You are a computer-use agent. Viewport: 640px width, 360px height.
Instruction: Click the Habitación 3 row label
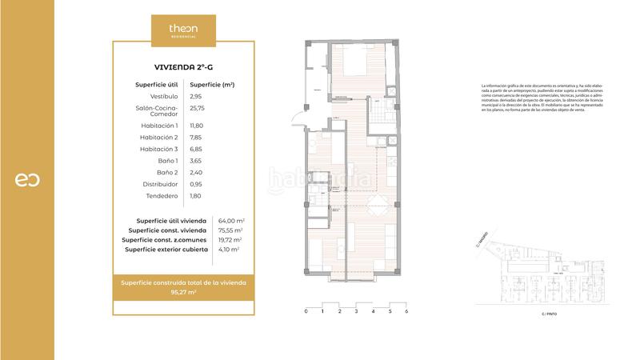(x=158, y=149)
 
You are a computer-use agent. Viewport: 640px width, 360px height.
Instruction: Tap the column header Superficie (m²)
(x=211, y=84)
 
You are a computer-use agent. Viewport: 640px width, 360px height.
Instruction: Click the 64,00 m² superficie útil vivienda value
(x=231, y=220)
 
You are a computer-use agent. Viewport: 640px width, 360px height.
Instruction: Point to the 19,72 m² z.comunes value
(x=230, y=239)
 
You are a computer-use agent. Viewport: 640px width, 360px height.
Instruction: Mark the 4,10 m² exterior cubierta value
(x=229, y=249)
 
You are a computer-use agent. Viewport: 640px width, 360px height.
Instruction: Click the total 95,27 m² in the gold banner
(x=183, y=293)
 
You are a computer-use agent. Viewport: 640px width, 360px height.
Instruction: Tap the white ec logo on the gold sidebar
(x=26, y=180)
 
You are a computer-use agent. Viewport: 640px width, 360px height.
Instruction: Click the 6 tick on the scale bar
(x=406, y=311)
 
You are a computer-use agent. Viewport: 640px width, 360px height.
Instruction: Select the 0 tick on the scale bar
(x=306, y=311)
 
